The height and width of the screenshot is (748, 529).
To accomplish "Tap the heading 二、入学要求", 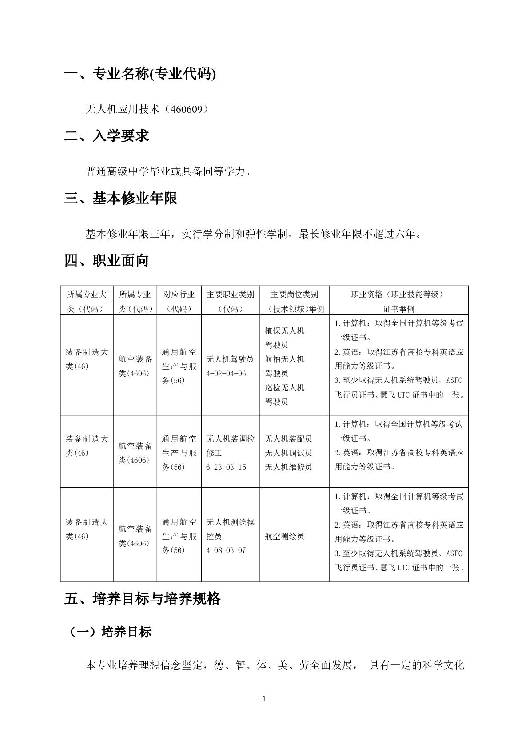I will tap(107, 136).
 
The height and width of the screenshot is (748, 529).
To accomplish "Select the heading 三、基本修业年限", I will tap(121, 198).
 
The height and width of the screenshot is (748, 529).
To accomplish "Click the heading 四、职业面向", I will tap(107, 260).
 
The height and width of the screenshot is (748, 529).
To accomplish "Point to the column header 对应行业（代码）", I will tap(179, 301).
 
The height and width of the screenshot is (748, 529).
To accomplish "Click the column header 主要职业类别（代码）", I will tap(231, 301).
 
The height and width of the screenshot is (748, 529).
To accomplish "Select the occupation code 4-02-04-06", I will tap(226, 374).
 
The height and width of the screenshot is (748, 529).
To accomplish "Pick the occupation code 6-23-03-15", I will tap(226, 467).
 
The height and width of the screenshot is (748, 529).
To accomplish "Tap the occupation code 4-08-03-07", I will tap(226, 550).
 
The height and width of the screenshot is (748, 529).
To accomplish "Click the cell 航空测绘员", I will tap(285, 537).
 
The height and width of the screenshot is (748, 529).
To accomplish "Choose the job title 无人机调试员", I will tap(289, 453).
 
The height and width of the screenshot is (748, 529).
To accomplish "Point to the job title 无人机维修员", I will tap(289, 467).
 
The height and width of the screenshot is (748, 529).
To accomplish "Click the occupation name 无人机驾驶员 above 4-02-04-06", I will tap(230, 359).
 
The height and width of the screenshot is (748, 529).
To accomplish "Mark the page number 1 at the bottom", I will tap(265, 699).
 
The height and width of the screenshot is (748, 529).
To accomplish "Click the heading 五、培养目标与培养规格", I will tap(142, 599).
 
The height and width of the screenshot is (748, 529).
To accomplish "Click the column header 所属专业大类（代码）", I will tap(87, 301).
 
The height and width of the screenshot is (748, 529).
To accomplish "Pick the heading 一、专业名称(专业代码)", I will tap(140, 74).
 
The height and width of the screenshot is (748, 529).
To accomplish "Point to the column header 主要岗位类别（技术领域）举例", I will tap(294, 301).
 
